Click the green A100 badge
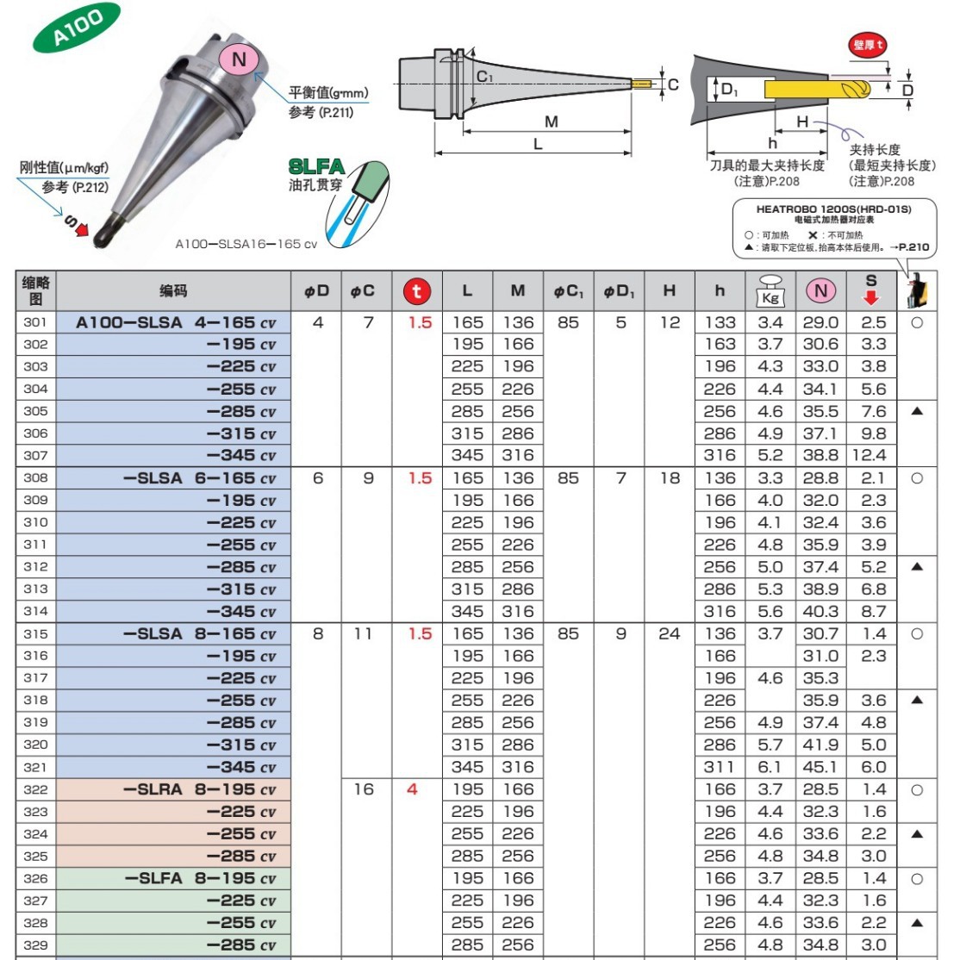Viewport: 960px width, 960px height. click(x=77, y=27)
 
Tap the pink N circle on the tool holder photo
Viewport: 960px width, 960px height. click(x=240, y=59)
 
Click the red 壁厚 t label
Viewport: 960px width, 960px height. click(x=868, y=45)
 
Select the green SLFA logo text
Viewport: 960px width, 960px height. click(x=316, y=166)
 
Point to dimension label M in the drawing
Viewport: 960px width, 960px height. click(x=552, y=122)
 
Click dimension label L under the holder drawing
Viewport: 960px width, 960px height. click(x=538, y=144)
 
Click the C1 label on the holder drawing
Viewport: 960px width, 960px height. click(x=485, y=77)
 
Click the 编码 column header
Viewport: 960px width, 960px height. click(x=173, y=291)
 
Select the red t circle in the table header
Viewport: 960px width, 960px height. click(x=417, y=291)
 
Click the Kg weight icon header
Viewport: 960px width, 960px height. click(x=770, y=290)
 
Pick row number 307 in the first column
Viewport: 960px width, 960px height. click(x=35, y=455)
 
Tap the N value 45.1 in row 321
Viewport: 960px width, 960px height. click(x=820, y=767)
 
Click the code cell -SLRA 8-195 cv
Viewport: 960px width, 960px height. click(x=199, y=789)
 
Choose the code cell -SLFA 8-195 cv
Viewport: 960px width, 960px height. click(x=199, y=878)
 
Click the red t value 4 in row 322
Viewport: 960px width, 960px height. click(x=412, y=789)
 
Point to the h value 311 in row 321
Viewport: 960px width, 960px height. click(x=720, y=767)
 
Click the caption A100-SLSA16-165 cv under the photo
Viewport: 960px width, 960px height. click(x=246, y=244)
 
